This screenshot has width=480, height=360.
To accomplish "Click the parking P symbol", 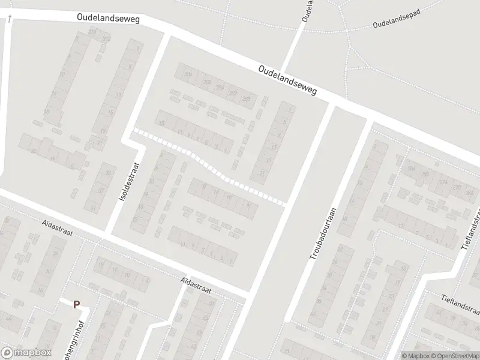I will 76,305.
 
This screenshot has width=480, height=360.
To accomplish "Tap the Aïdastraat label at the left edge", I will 56,228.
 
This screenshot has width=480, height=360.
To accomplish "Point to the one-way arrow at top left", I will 10,20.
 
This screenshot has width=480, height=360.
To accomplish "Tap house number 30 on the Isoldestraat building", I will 108,173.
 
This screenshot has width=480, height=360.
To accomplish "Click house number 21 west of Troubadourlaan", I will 263,173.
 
